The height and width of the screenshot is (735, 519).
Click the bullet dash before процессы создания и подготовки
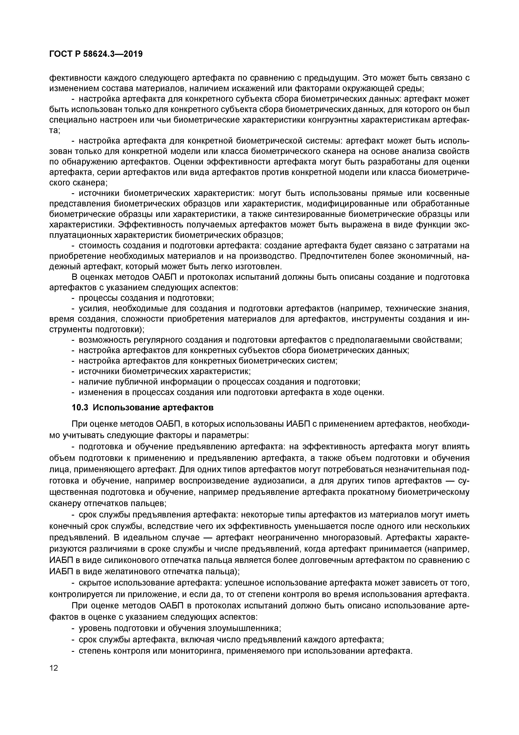(x=73, y=298)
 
